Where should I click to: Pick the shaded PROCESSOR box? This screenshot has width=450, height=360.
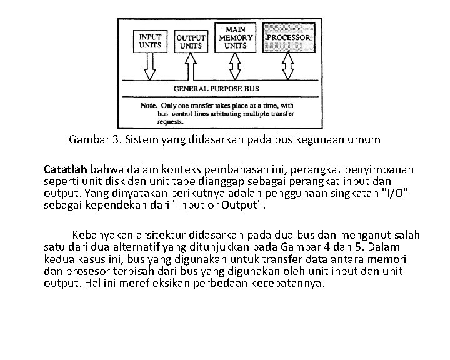coord(289,39)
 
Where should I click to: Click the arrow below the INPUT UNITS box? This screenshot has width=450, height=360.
coord(150,67)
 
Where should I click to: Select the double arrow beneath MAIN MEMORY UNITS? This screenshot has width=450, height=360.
coord(235,66)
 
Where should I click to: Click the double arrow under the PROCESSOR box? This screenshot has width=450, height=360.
coord(289,66)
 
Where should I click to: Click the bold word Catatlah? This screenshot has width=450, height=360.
coord(66,169)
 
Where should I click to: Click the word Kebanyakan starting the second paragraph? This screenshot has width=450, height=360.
coord(104,235)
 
